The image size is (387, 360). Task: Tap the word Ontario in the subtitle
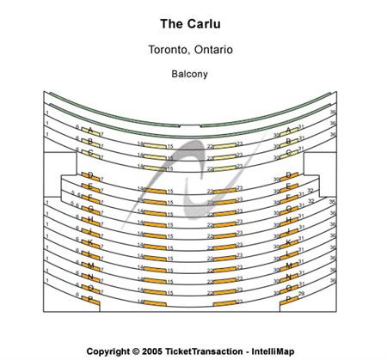(x=212, y=50)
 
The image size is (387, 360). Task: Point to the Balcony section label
(x=189, y=74)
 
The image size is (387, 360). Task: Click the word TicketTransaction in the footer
(x=204, y=351)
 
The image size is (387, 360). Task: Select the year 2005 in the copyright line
(x=151, y=351)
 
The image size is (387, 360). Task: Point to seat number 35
(x=332, y=201)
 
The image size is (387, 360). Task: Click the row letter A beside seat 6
(x=89, y=131)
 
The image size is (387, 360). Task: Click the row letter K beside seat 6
(x=90, y=242)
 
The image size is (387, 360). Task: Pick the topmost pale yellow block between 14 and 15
(x=154, y=146)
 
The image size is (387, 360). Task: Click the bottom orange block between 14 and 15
(x=154, y=303)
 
